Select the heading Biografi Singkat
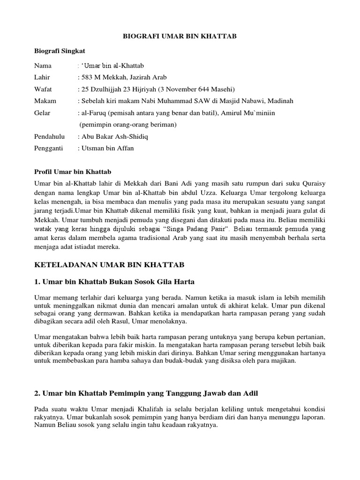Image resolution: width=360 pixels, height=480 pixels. pos(60,51)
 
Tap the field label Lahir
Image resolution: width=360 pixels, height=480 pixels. pos(42,77)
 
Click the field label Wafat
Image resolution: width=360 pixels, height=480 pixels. pos(43,89)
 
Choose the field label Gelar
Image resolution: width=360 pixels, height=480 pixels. pos(42,113)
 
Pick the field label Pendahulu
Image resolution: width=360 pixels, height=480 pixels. pos(49,137)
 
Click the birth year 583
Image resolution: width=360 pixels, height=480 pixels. pos(88,77)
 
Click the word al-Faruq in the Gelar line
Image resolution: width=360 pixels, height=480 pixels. pos(92,113)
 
